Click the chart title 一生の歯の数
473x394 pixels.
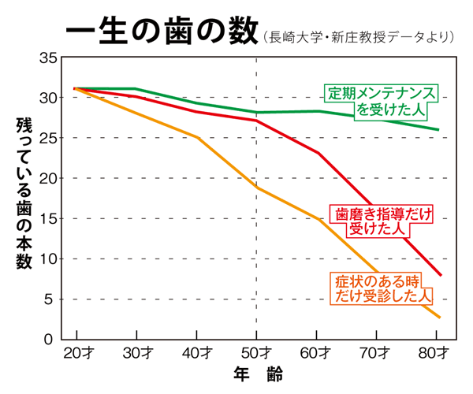coord(161,32)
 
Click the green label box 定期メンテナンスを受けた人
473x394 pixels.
coord(382,100)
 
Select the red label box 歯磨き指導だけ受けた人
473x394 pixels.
coord(381,220)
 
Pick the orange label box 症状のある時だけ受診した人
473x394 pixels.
coord(381,288)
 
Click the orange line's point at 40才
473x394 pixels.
coord(197,137)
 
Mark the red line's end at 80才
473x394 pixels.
coord(440,275)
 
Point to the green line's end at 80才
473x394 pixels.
coord(438,130)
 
